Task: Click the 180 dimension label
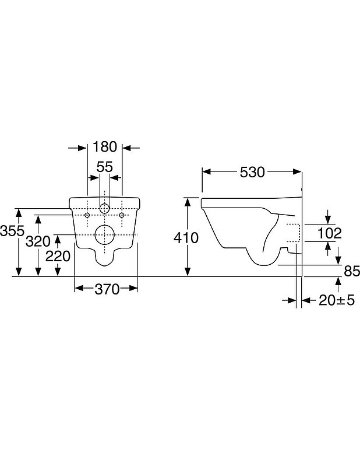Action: (x=105, y=146)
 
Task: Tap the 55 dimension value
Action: (x=105, y=167)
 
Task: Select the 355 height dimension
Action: (x=12, y=230)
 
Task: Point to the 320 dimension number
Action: (x=38, y=241)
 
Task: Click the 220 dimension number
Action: (x=58, y=256)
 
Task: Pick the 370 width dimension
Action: (x=107, y=289)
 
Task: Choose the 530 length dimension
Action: (x=252, y=173)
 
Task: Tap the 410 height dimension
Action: (x=186, y=238)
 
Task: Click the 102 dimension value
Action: (x=330, y=233)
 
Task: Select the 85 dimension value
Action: (x=352, y=271)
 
